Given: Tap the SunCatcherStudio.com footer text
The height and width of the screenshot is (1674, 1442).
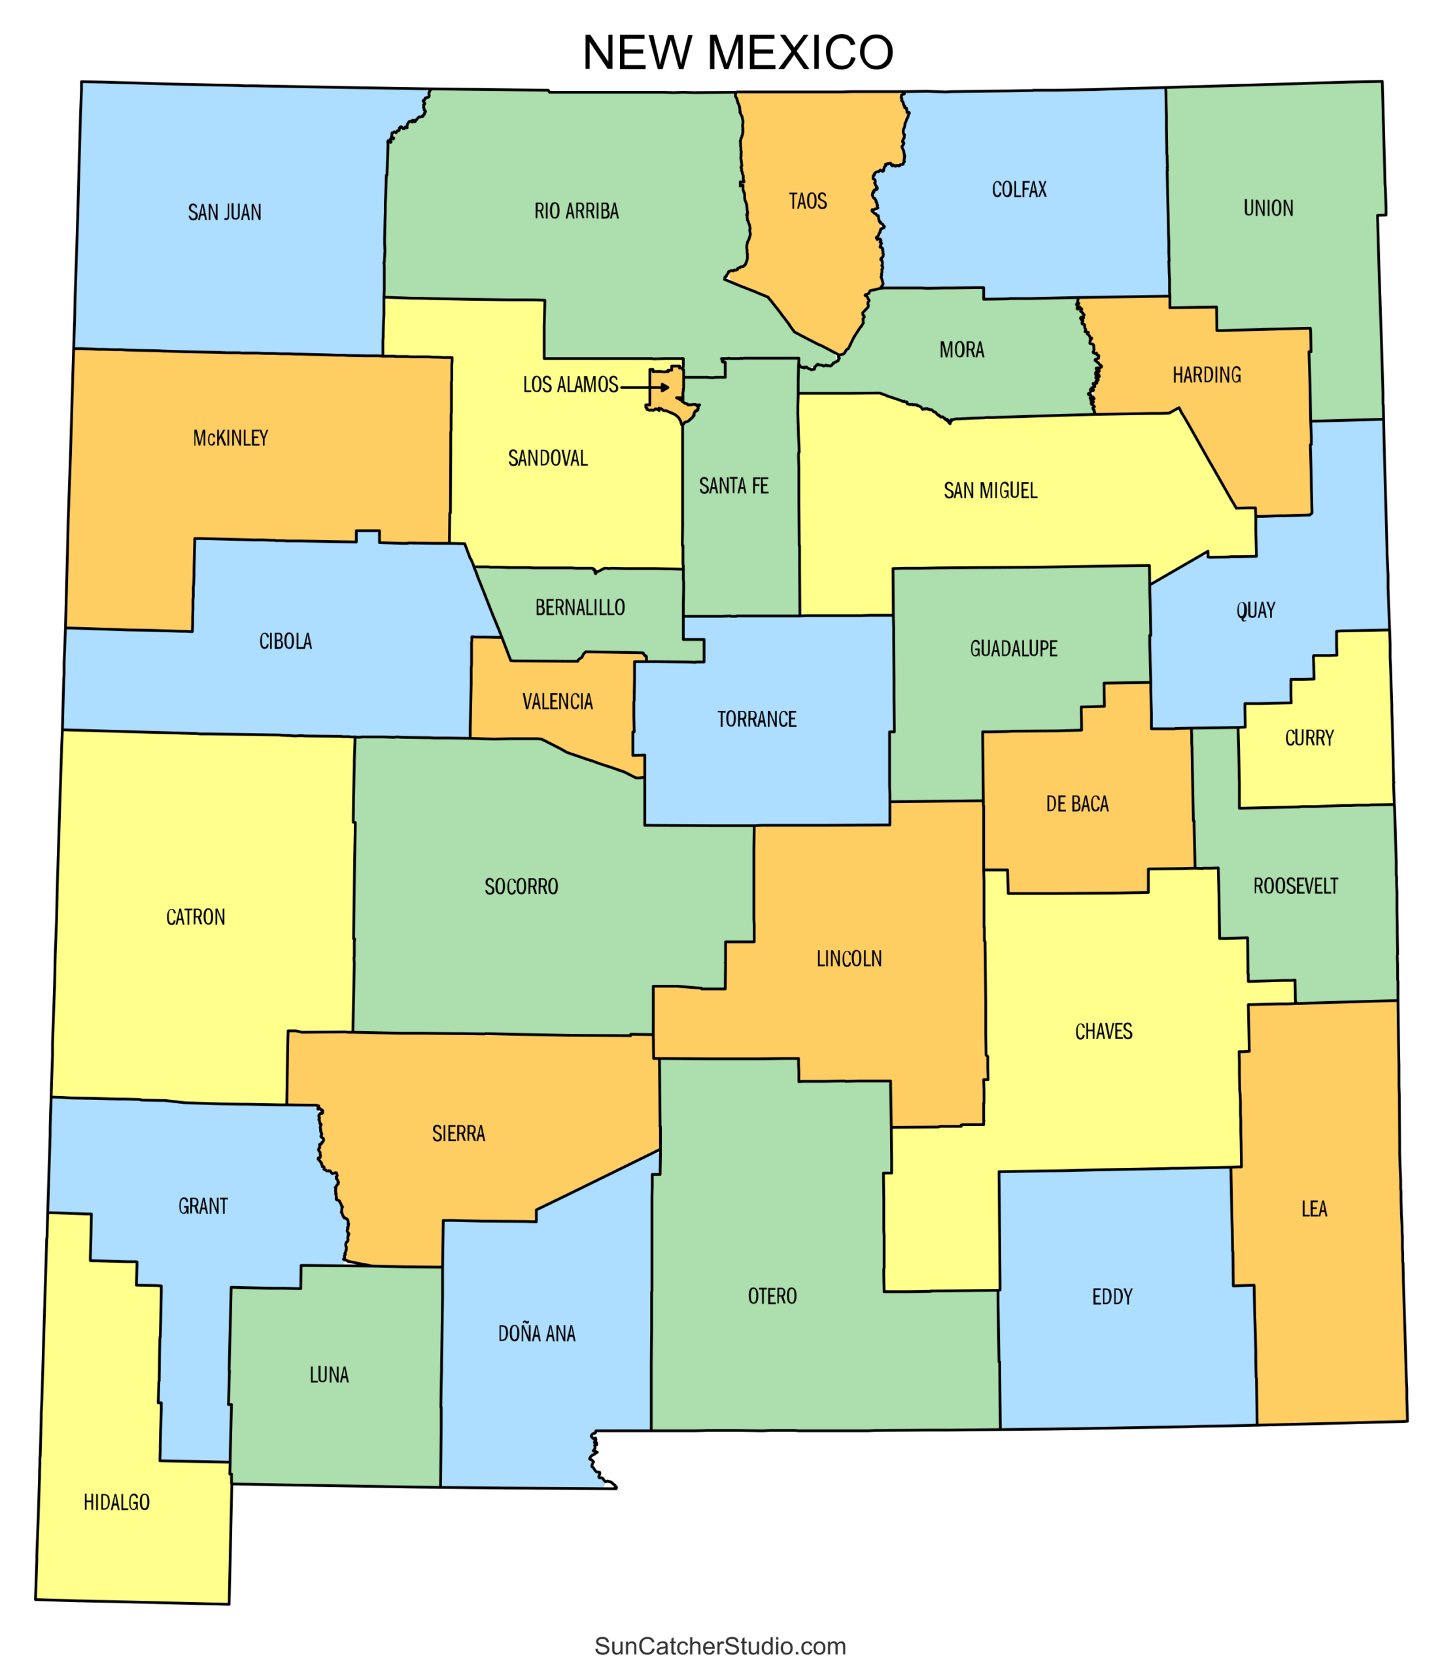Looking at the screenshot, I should pos(720,1646).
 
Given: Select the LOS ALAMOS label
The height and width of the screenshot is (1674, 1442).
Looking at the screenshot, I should pos(570,384).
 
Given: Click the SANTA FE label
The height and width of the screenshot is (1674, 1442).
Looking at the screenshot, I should pos(734,486).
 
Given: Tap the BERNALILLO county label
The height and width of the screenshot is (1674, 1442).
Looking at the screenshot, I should pos(580,607).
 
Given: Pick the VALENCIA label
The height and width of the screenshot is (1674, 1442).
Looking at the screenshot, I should pos(557,701).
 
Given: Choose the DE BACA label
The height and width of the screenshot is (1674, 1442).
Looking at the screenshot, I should pos(1077,804).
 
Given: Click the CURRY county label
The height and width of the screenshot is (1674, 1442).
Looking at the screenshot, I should pos(1309,738).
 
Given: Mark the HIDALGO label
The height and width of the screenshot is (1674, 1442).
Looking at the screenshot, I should pos(116,1502).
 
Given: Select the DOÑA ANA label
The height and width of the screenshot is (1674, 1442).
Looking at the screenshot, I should pos(536,1333).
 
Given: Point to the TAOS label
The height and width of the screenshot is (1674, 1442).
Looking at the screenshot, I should pos(808,201).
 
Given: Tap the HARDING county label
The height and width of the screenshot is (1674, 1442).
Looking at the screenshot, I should pos(1206,375).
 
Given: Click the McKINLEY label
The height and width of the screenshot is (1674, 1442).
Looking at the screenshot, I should pos(230,438).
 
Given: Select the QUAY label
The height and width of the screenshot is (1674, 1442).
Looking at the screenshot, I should pos(1256,610).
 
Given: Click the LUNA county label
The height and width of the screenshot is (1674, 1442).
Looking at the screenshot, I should pos(329,1375).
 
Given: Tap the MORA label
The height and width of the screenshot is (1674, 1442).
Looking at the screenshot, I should pos(961,350).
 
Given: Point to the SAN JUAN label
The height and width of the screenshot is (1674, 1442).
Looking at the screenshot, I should pos(224,213).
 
